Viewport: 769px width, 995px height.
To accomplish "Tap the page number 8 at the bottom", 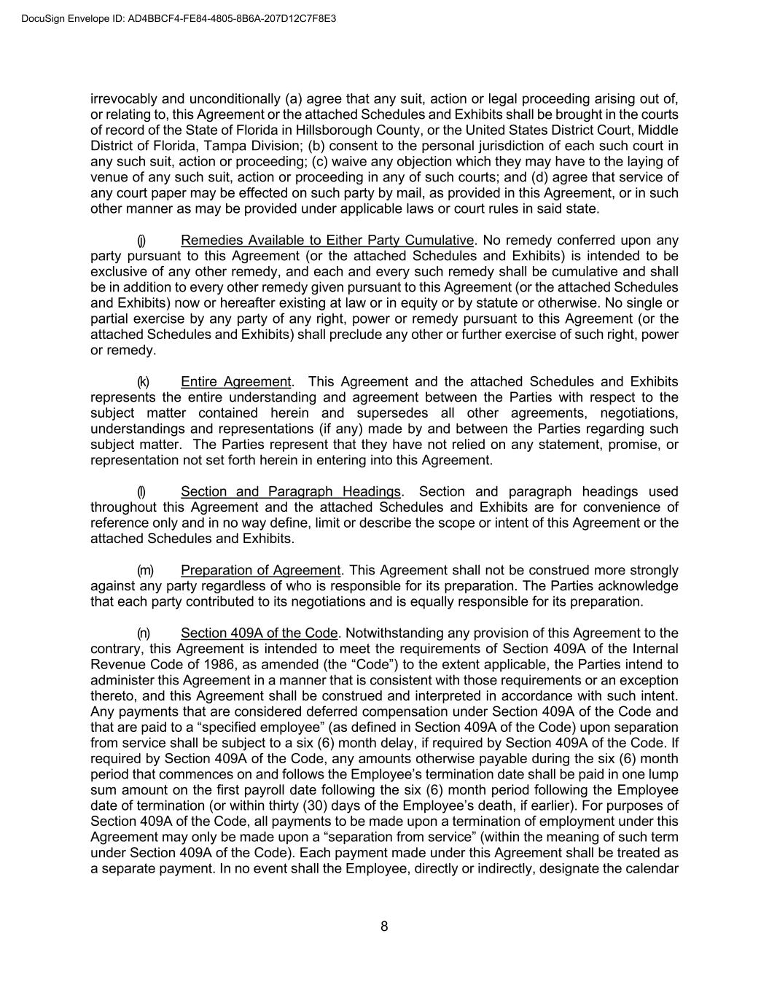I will pyautogui.click(x=384, y=926).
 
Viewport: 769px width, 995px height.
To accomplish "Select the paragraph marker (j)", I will pyautogui.click(x=141, y=241).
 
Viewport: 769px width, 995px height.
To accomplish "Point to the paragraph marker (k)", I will pyautogui.click(x=143, y=382).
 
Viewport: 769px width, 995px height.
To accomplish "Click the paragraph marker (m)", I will pyautogui.click(x=145, y=570).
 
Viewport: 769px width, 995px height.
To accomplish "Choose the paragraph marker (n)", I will pyautogui.click(x=144, y=633).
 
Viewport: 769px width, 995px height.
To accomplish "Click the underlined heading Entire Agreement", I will pyautogui.click(x=235, y=382).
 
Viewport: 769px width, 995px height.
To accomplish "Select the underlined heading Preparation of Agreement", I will pyautogui.click(x=260, y=570).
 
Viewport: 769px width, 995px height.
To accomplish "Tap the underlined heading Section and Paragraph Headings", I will pyautogui.click(x=290, y=491).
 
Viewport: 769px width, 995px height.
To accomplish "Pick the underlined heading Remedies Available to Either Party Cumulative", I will pyautogui.click(x=327, y=241).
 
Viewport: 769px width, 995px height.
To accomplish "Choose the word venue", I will pyautogui.click(x=109, y=177).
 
